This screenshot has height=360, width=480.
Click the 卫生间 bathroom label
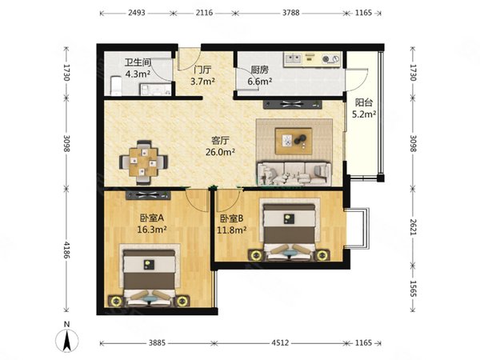(138, 62)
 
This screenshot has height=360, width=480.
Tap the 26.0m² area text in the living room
(220, 152)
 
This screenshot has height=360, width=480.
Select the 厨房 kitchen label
(259, 70)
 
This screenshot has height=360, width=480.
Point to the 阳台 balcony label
(364, 102)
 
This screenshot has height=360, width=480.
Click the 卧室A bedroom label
(152, 218)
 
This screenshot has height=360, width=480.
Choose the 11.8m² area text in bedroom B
(232, 230)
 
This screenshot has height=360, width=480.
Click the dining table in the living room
(143, 162)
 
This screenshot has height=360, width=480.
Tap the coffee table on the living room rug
(294, 141)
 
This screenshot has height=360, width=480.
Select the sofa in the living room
(294, 174)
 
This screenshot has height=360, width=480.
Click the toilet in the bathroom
(116, 86)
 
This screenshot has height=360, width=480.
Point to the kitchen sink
(293, 58)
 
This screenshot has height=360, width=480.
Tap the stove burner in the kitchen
(326, 58)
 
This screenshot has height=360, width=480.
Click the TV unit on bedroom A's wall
(148, 195)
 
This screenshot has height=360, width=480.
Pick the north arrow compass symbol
(67, 338)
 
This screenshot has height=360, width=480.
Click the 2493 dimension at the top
(137, 13)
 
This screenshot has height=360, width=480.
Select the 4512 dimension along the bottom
(280, 343)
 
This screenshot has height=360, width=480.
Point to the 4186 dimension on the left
(66, 250)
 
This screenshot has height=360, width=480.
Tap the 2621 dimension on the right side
(414, 227)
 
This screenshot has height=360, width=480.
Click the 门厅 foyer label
(202, 70)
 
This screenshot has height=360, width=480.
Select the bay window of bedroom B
(358, 228)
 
